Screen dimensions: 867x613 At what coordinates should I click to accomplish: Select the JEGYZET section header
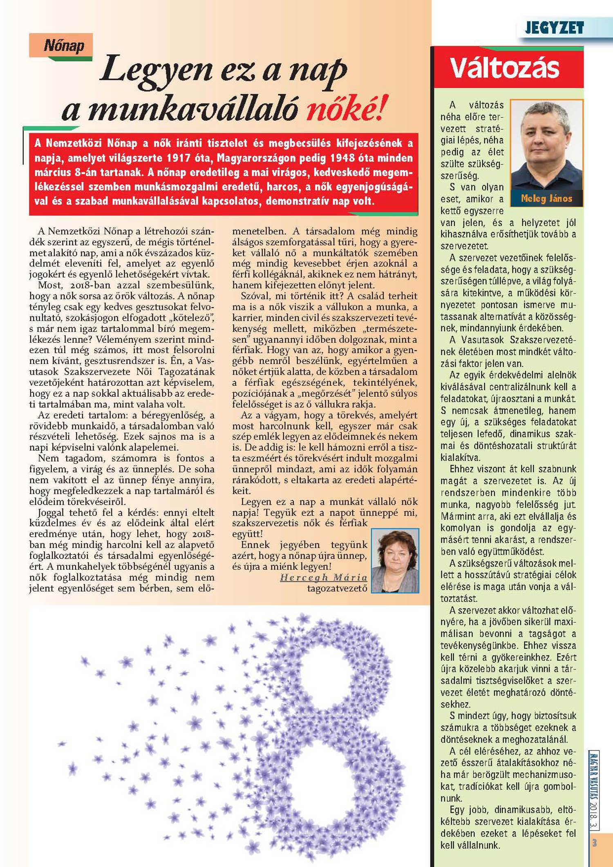pos(554,28)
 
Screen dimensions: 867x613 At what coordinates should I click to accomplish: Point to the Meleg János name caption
pos(546,199)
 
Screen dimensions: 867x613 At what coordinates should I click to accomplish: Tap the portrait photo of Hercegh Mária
pos(395,560)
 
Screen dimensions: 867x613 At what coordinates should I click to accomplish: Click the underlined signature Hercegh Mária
pos(324,577)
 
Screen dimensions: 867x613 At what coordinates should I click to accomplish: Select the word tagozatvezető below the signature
pos(337,588)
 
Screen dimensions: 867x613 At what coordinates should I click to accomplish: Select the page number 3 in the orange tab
pos(595,842)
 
